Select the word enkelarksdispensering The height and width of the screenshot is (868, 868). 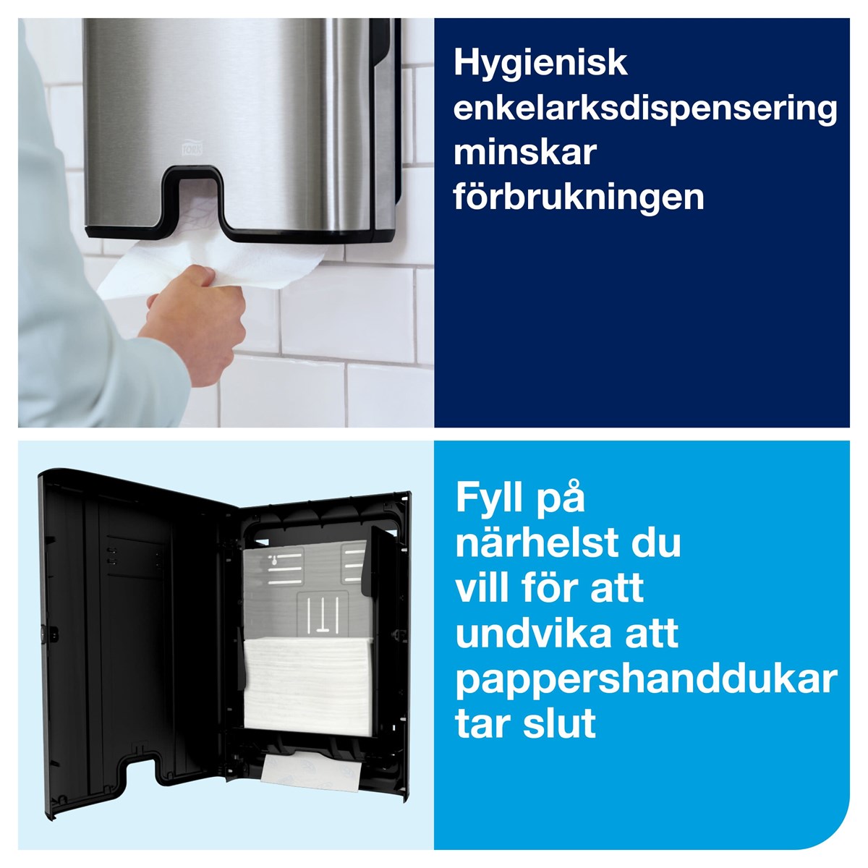[645, 109]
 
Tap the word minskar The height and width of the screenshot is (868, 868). [524, 153]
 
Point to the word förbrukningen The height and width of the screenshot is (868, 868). [579, 198]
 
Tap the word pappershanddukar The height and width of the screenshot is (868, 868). [647, 680]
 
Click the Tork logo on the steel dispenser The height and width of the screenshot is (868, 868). [192, 148]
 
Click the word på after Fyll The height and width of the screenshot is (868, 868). [558, 500]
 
